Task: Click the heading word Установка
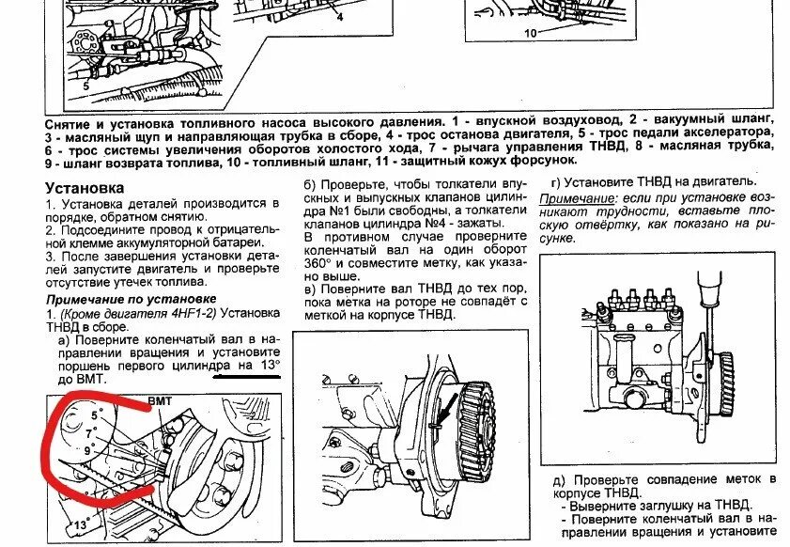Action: pyautogui.click(x=85, y=187)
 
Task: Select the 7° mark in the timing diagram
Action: pyautogui.click(x=90, y=433)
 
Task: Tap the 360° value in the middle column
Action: pyautogui.click(x=318, y=264)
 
